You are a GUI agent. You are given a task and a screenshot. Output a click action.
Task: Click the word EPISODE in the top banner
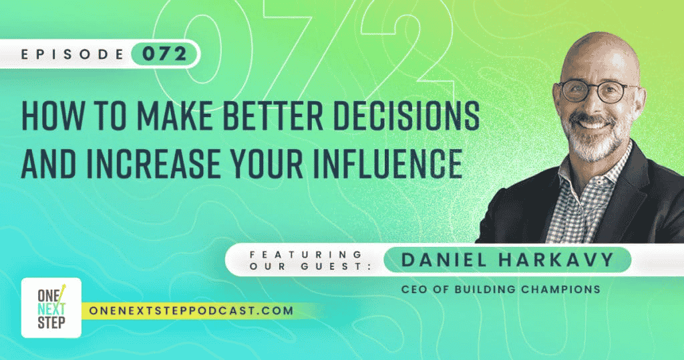72,54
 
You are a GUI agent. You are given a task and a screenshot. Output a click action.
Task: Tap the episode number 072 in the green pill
164,54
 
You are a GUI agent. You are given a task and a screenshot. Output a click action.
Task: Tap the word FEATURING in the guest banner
306,254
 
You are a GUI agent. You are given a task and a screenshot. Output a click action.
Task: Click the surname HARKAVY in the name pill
556,260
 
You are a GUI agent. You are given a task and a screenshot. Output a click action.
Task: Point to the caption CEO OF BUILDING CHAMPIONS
500,289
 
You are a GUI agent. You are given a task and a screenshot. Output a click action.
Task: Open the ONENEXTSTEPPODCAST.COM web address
190,311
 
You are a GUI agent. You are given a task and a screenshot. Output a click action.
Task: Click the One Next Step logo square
51,308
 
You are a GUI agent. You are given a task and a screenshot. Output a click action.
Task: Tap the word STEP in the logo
51,323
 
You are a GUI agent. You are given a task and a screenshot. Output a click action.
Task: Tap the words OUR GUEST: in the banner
311,266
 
